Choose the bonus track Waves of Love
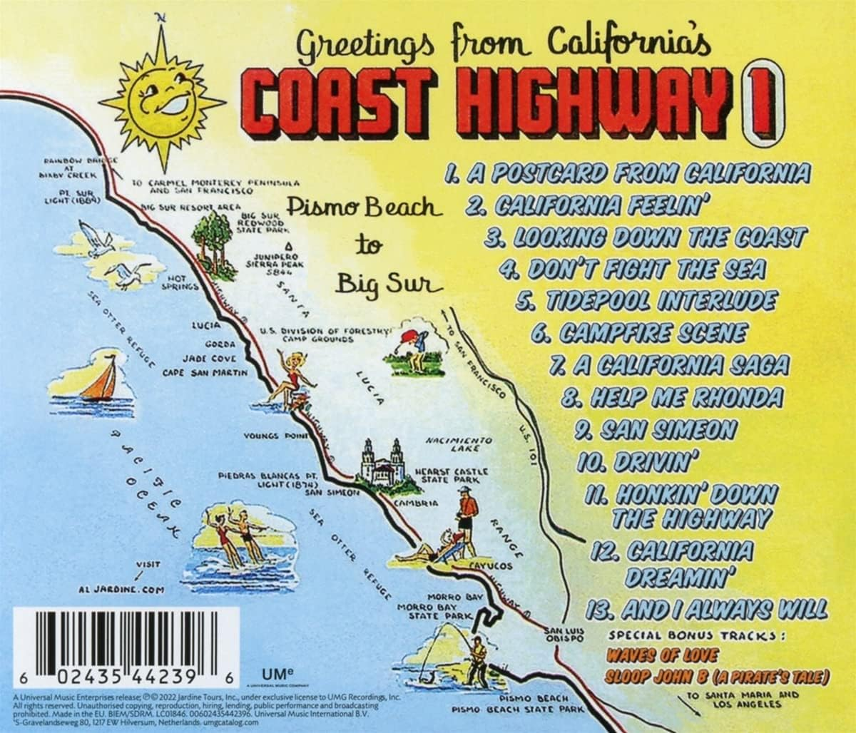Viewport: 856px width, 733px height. point(653,655)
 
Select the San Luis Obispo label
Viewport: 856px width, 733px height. point(564,635)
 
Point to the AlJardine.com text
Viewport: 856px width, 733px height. point(123,590)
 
